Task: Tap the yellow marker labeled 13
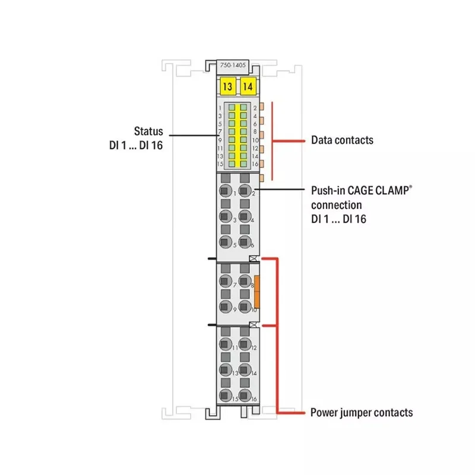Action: click(226, 87)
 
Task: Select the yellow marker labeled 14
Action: click(248, 87)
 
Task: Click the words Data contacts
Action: click(342, 140)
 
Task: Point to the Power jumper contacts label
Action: click(362, 412)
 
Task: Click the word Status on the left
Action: click(148, 131)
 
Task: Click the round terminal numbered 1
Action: click(225, 191)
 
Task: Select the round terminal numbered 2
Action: click(244, 191)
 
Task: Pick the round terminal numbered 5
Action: click(225, 241)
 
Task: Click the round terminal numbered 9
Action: click(225, 306)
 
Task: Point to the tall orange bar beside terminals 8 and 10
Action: click(258, 292)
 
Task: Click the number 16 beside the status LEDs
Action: click(255, 163)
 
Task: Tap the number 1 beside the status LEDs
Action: click(220, 109)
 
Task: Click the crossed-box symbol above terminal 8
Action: click(254, 259)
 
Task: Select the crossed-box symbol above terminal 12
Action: click(254, 325)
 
